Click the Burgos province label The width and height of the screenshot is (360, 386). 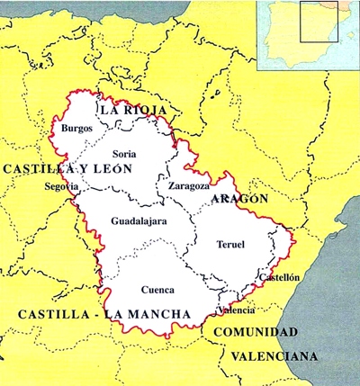coord(76,129)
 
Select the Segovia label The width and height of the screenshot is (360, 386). coord(61,186)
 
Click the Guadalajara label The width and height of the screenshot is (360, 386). coord(138,220)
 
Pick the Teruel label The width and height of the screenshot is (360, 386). coord(230,244)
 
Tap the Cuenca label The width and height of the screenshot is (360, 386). coord(157,290)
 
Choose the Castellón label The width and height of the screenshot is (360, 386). coord(281,278)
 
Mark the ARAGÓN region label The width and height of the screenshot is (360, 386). coord(238,199)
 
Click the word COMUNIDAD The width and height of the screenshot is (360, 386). coord(255,332)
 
